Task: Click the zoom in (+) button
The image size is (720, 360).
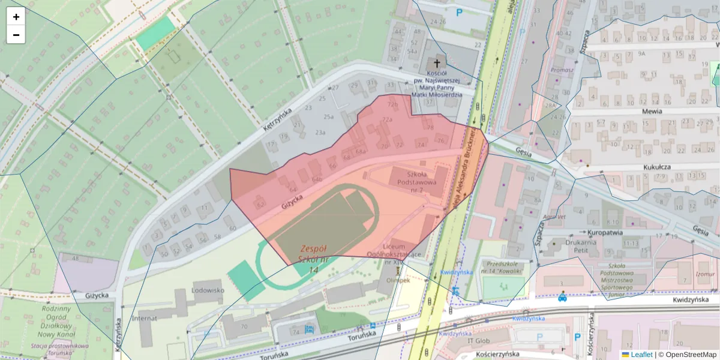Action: (16, 17)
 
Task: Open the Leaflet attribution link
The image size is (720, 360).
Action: (641, 355)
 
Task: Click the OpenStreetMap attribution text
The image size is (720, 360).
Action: (691, 355)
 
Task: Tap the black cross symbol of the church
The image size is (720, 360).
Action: (437, 64)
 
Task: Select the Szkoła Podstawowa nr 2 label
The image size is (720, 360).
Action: (419, 178)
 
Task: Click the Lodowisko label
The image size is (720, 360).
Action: (208, 290)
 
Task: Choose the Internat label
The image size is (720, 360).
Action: (144, 318)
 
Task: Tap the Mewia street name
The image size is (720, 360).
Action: (651, 111)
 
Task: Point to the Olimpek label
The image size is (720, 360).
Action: (397, 280)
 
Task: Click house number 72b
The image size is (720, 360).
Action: (392, 104)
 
